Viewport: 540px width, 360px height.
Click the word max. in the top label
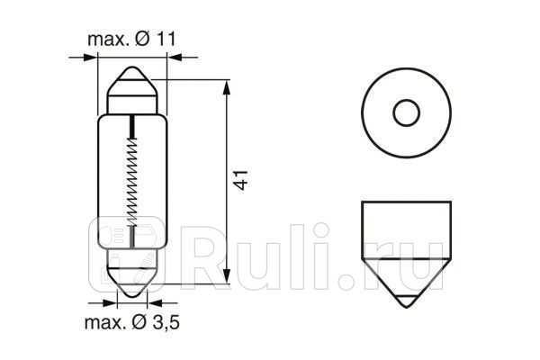106,40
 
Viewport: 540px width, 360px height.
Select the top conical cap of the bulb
132,85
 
